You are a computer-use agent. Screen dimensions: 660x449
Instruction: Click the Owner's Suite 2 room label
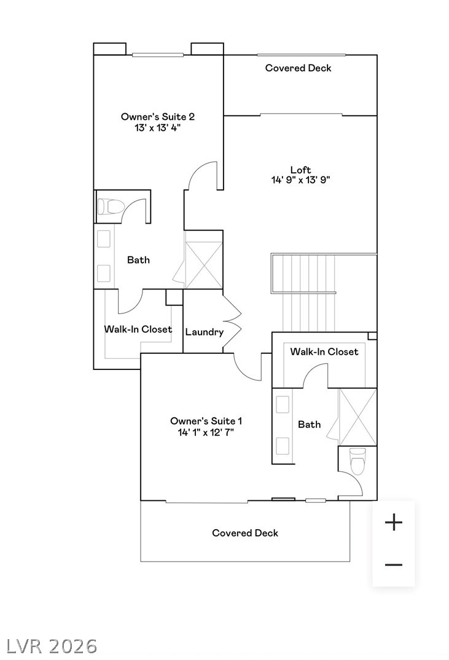[158, 116]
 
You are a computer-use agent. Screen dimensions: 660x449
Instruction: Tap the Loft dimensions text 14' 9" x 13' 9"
[301, 180]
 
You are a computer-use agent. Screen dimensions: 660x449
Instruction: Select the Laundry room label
[204, 332]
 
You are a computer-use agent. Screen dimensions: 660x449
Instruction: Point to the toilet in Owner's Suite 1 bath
[357, 461]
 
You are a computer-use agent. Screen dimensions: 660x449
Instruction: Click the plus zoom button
[393, 522]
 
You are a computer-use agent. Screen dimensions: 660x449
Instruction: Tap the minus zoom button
[393, 565]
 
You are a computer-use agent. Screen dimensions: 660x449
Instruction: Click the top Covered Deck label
[298, 68]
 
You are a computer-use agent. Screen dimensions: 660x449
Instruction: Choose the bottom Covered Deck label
[245, 533]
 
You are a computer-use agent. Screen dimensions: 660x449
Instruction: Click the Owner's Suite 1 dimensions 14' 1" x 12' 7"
[206, 432]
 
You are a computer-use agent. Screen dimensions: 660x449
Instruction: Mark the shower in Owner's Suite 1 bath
[357, 416]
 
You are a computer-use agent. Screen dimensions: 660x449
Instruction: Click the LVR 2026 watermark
[52, 646]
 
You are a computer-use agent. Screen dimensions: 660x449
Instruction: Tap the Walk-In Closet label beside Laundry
[138, 329]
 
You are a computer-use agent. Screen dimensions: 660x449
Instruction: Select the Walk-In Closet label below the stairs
[324, 352]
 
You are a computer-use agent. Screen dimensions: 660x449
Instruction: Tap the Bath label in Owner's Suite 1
[309, 424]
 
